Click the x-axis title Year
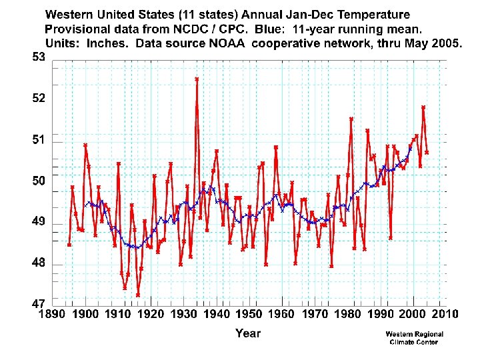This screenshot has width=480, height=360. [247, 333]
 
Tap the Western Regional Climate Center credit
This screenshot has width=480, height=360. [414, 338]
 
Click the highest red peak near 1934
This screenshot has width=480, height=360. [197, 79]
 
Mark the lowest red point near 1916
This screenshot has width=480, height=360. [138, 295]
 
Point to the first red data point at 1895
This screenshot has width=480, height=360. [69, 245]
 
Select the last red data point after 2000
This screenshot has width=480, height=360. [427, 153]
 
